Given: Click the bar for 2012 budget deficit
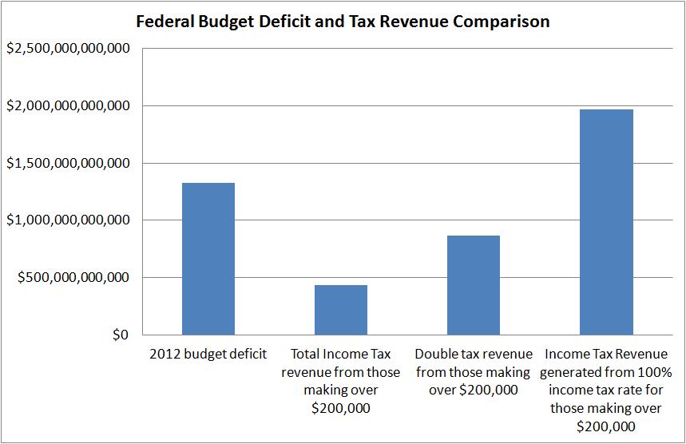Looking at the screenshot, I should (x=208, y=259).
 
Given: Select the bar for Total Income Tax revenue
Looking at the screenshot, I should (x=341, y=310).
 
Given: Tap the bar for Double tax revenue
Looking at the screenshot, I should (x=474, y=285).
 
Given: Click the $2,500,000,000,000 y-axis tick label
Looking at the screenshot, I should (x=68, y=49).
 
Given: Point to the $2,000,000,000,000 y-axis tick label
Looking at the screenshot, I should (x=68, y=106).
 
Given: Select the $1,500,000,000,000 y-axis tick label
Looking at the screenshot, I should (x=68, y=164).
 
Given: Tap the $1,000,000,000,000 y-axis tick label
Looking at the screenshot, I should (x=68, y=220).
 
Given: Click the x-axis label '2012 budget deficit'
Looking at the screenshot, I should (x=208, y=354).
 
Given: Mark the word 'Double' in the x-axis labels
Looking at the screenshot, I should (x=436, y=354).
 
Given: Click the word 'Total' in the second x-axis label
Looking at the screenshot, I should (x=308, y=354).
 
